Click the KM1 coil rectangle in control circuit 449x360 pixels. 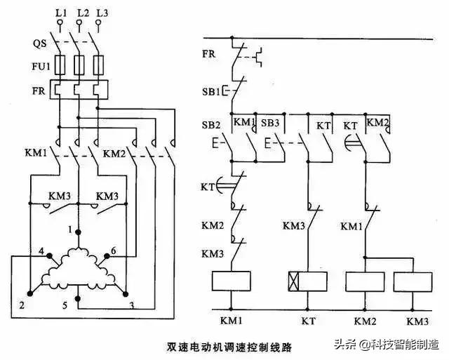pos(232,281)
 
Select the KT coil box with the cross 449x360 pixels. pos(306,281)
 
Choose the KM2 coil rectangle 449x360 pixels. pos(366,281)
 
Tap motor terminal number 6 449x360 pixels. pos(115,251)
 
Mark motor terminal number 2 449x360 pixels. pos(22,306)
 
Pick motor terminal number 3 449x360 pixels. pos(132,306)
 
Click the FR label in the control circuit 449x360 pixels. pos(209,54)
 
